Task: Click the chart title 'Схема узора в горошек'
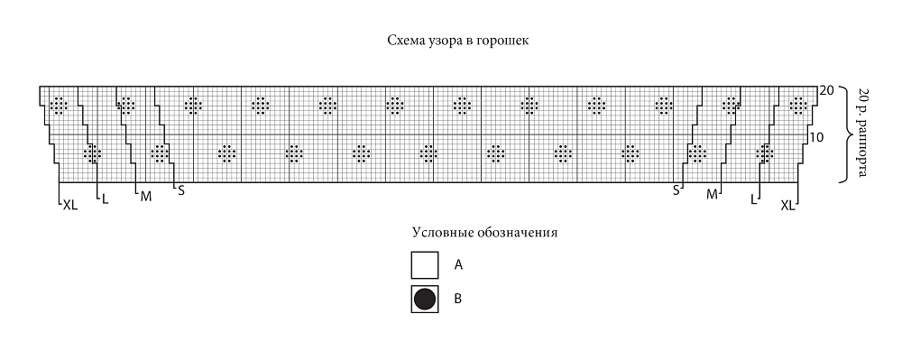pyautogui.click(x=458, y=42)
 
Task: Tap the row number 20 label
pyautogui.click(x=826, y=91)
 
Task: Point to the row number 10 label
pyautogui.click(x=816, y=137)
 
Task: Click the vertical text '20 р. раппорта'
pyautogui.click(x=862, y=133)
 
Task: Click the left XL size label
pyautogui.click(x=70, y=206)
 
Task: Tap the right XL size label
pyautogui.click(x=787, y=205)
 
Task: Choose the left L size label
pyautogui.click(x=105, y=200)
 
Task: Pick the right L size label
pyautogui.click(x=753, y=200)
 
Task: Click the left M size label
pyautogui.click(x=146, y=197)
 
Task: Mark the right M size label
pyautogui.click(x=713, y=195)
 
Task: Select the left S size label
pyautogui.click(x=181, y=190)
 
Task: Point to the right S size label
pyautogui.click(x=676, y=190)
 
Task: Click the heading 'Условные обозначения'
pyautogui.click(x=485, y=233)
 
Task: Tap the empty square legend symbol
pyautogui.click(x=425, y=265)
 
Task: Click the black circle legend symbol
pyautogui.click(x=425, y=299)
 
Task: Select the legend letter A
pyautogui.click(x=458, y=265)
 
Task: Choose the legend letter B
pyautogui.click(x=458, y=299)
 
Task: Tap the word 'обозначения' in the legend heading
pyautogui.click(x=521, y=233)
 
